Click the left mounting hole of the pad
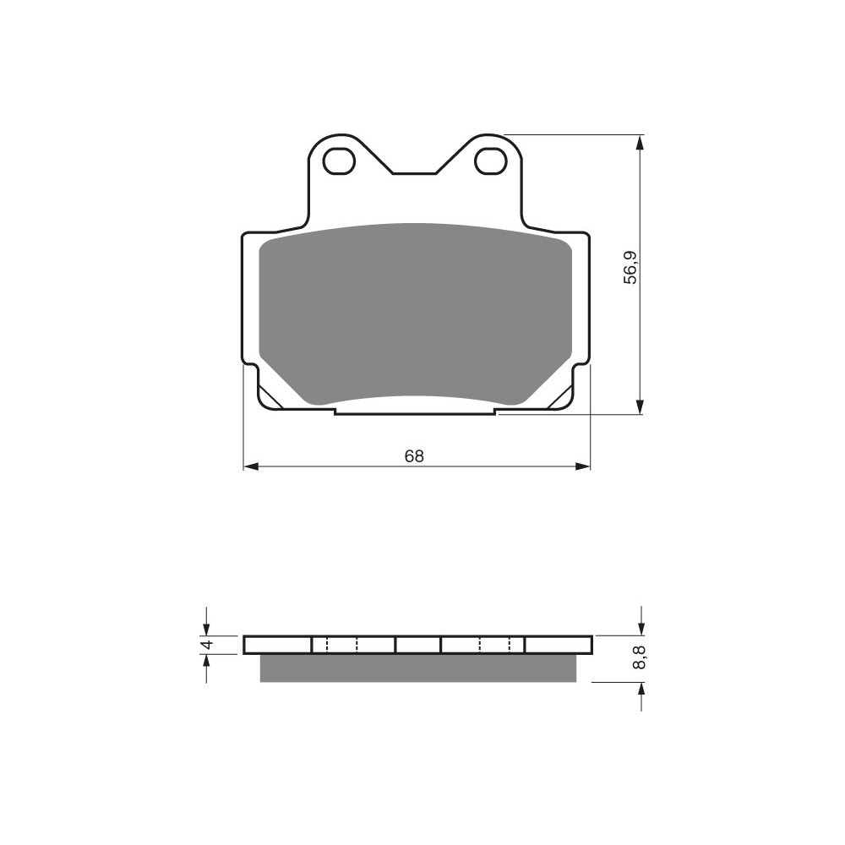coord(341,161)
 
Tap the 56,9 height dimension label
coord(630,268)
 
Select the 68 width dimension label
coord(414,456)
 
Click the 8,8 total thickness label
coord(640,657)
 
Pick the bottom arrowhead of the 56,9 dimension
coord(640,406)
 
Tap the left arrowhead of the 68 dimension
coord(251,466)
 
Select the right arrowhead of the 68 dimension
coord(583,466)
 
